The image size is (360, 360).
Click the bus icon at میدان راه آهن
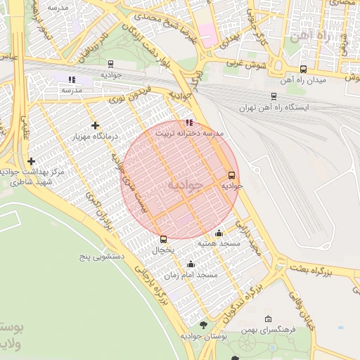point(303,69)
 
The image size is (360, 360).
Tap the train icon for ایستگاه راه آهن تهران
point(274,96)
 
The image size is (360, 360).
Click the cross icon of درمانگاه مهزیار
point(95,125)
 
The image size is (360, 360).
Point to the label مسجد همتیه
point(219,243)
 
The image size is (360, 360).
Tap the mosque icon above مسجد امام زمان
point(191,264)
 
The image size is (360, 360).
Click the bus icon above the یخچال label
point(164,239)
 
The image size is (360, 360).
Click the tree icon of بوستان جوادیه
point(203,325)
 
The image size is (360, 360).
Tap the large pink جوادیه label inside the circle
point(185,184)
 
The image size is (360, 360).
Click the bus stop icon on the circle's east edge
point(231,175)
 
